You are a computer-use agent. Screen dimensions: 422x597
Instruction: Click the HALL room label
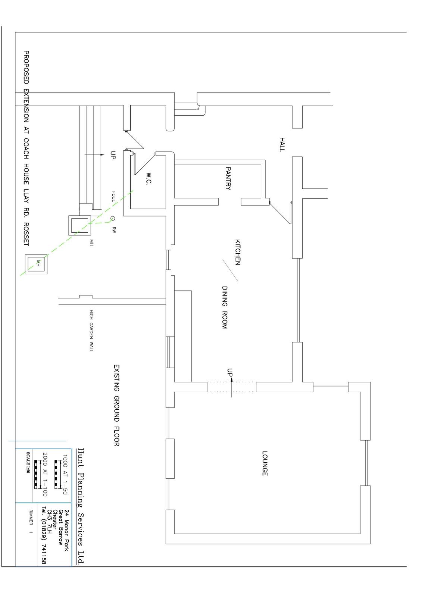click(282, 145)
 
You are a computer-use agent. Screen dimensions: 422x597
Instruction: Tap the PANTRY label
click(228, 178)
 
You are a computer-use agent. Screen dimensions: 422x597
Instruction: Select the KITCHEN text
click(238, 252)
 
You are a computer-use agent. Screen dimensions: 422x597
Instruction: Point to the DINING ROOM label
click(225, 307)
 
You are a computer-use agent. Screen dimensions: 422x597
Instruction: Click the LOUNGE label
click(265, 463)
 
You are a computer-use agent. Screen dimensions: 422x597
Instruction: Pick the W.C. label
click(149, 179)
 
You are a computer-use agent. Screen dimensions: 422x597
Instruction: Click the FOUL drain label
click(113, 196)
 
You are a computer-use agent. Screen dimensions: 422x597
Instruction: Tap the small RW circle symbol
click(113, 219)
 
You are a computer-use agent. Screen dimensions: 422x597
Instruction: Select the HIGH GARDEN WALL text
click(91, 331)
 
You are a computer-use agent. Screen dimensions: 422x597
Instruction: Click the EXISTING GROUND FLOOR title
click(116, 405)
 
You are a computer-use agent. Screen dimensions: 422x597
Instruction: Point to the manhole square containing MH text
click(36, 264)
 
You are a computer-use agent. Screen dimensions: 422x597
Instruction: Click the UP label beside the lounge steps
click(229, 372)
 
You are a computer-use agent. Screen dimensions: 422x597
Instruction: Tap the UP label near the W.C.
click(113, 155)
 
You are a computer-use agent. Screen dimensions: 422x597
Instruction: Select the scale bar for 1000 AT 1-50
click(56, 474)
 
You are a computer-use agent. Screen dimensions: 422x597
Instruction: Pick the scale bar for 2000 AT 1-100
click(36, 474)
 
